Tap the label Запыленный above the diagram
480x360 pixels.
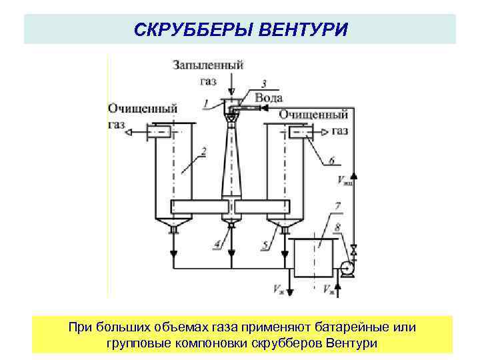coord(208,65)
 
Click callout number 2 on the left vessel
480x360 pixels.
coord(204,151)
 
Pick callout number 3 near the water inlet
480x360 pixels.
coord(264,84)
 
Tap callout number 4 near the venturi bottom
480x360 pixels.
coord(217,245)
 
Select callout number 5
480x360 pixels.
coord(265,245)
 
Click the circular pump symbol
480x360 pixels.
coord(345,269)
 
